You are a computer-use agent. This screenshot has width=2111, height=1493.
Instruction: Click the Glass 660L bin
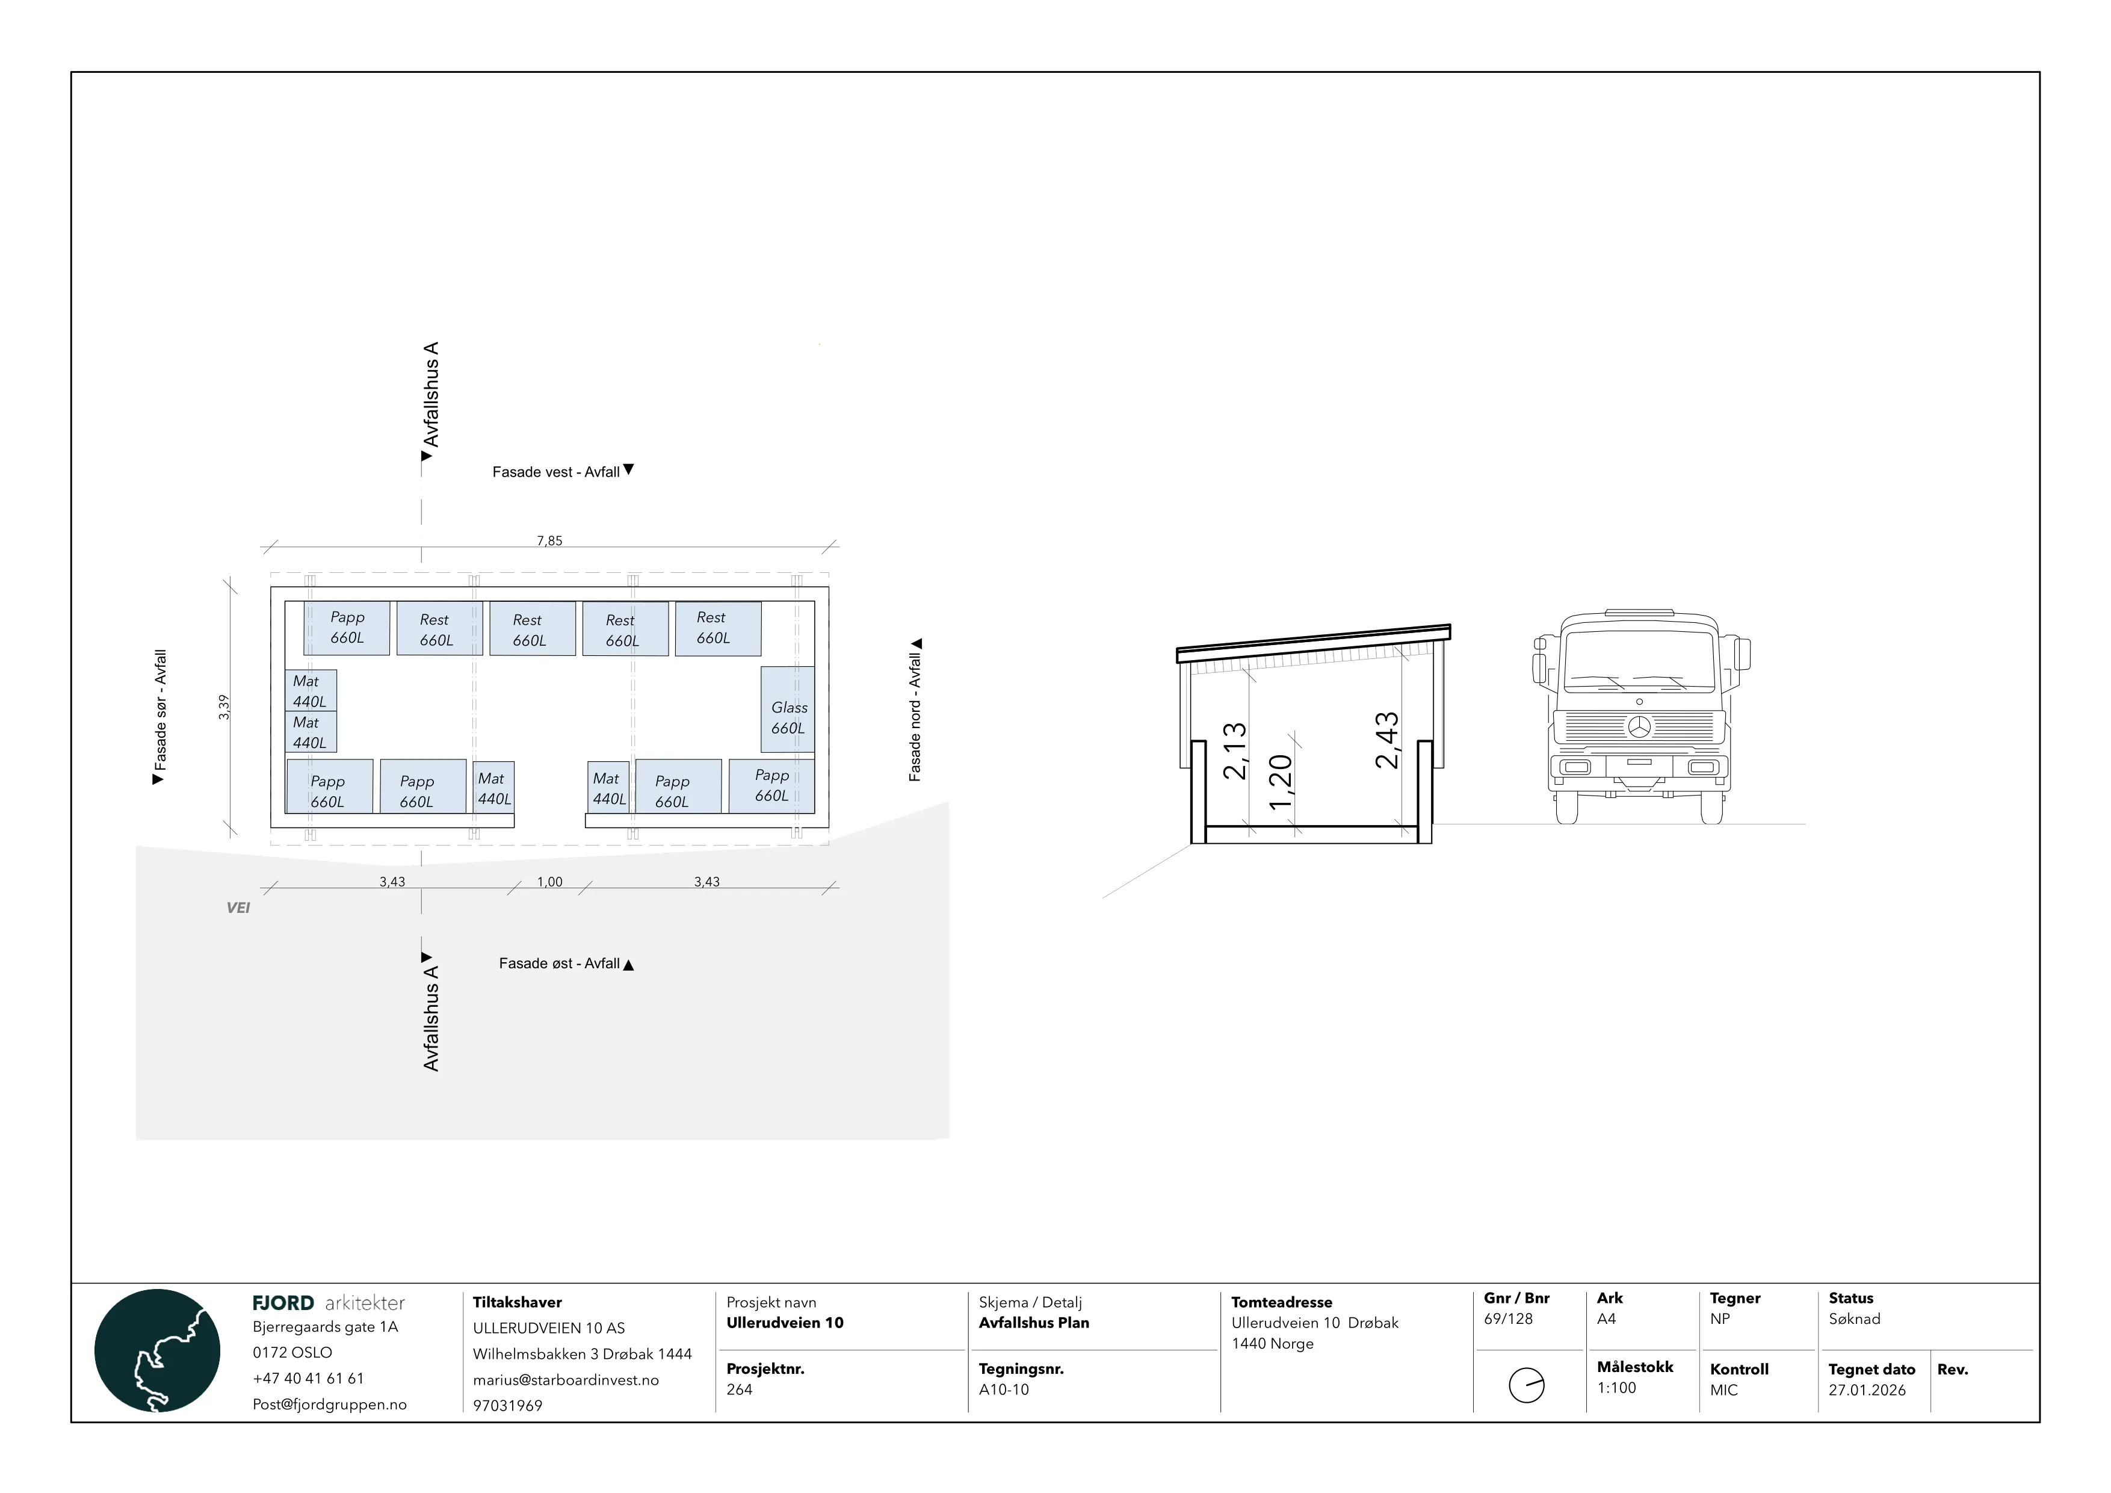787,709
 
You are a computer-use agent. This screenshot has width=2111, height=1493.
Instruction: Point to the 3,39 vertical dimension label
223,707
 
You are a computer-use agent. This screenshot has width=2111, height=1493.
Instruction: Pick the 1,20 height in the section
1280,782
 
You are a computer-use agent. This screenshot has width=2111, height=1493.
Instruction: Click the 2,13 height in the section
1235,751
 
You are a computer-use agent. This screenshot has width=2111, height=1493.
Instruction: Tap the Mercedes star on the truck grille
1639,726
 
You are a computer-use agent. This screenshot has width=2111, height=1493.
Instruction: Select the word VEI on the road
238,907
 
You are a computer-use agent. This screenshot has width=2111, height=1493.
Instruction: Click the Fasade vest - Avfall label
556,472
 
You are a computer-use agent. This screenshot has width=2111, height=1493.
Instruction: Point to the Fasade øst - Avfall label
559,963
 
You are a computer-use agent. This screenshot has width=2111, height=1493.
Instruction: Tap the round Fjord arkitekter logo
157,1350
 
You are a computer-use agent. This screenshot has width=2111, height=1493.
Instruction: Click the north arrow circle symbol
1527,1385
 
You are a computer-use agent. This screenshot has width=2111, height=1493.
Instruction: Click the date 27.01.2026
1867,1390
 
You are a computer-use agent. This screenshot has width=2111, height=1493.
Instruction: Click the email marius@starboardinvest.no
566,1380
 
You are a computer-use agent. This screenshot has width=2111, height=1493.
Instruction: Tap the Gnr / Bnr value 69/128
1509,1318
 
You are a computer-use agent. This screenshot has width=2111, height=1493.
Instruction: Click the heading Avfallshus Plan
1034,1322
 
